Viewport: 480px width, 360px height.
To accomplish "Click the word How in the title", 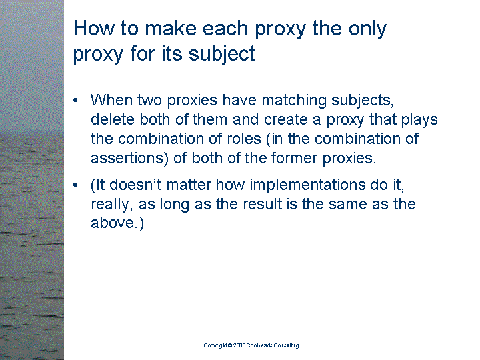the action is [93, 28].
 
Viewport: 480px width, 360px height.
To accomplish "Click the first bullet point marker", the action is [75, 101].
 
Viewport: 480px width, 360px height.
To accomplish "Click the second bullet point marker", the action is [75, 185].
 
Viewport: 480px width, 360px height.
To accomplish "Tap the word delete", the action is [113, 119].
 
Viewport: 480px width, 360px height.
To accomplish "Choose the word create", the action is [285, 120].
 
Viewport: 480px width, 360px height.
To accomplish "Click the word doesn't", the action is [135, 185].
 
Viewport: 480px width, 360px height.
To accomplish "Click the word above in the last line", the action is [113, 223].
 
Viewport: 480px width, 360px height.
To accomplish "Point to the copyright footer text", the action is [251, 345].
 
